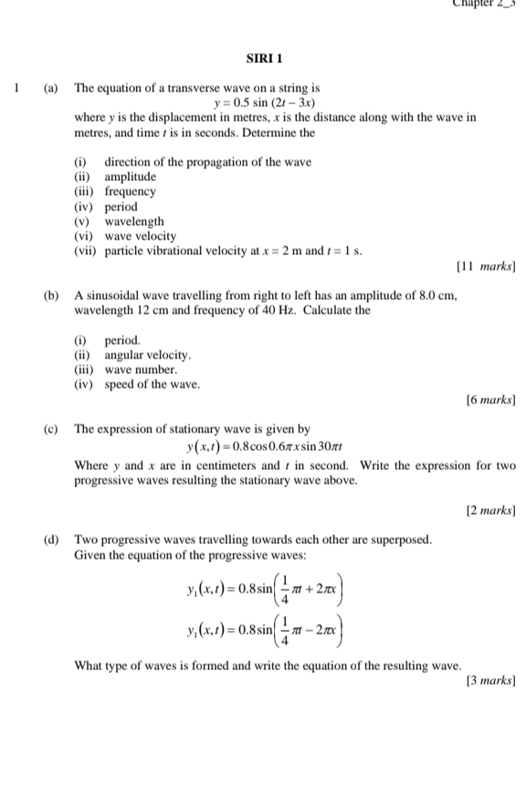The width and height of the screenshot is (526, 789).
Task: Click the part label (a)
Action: (52, 89)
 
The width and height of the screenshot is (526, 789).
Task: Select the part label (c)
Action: (52, 429)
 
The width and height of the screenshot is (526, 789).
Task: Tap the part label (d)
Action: (52, 539)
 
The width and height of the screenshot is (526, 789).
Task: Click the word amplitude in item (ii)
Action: (131, 176)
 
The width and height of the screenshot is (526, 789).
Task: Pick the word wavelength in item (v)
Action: (134, 221)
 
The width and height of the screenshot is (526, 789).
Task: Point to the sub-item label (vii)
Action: (85, 251)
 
